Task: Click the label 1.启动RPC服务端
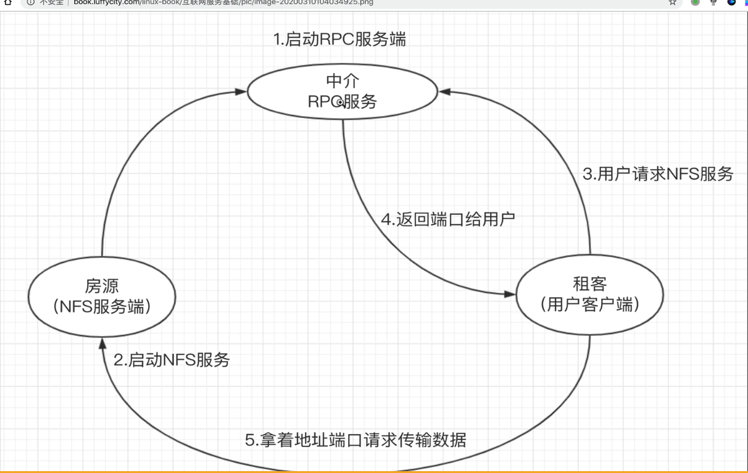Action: [x=339, y=40]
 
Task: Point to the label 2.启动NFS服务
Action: [x=172, y=360]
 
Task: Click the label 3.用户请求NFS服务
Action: [x=658, y=174]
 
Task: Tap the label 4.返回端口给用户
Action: [x=448, y=219]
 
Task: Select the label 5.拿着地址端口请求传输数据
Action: [x=355, y=440]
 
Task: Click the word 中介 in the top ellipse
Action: [x=343, y=82]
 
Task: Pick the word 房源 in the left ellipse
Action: [x=102, y=287]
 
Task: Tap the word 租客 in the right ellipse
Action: [x=590, y=284]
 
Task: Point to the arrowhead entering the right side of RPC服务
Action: [x=444, y=92]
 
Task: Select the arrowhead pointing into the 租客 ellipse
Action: [x=509, y=295]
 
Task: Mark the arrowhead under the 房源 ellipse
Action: [x=102, y=344]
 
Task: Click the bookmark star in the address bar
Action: [x=673, y=2]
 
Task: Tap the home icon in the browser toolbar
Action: [x=8, y=2]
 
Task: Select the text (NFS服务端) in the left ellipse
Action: [x=102, y=306]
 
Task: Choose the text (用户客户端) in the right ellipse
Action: [x=590, y=304]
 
